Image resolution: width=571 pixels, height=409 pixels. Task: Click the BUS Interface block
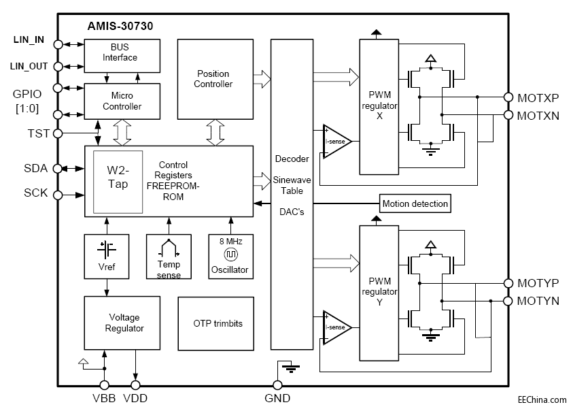pyautogui.click(x=122, y=56)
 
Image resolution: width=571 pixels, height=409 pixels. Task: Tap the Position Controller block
pyautogui.click(x=213, y=79)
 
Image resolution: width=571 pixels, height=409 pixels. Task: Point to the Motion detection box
pyautogui.click(x=415, y=203)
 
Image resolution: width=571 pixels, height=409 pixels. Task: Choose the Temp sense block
pyautogui.click(x=169, y=256)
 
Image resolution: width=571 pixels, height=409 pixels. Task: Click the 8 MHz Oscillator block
pyautogui.click(x=229, y=256)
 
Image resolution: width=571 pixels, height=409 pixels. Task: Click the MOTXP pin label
pyautogui.click(x=538, y=97)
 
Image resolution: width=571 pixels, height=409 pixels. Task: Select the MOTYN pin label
pyautogui.click(x=538, y=300)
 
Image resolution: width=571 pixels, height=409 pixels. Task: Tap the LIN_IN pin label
pyautogui.click(x=29, y=39)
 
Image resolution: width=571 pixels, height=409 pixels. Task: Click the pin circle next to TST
pyautogui.click(x=58, y=133)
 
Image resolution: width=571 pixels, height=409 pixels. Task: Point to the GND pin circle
pyautogui.click(x=277, y=385)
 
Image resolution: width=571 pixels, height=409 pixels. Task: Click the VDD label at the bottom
pyautogui.click(x=136, y=399)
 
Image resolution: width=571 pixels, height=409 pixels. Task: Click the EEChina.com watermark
pyautogui.click(x=541, y=401)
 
